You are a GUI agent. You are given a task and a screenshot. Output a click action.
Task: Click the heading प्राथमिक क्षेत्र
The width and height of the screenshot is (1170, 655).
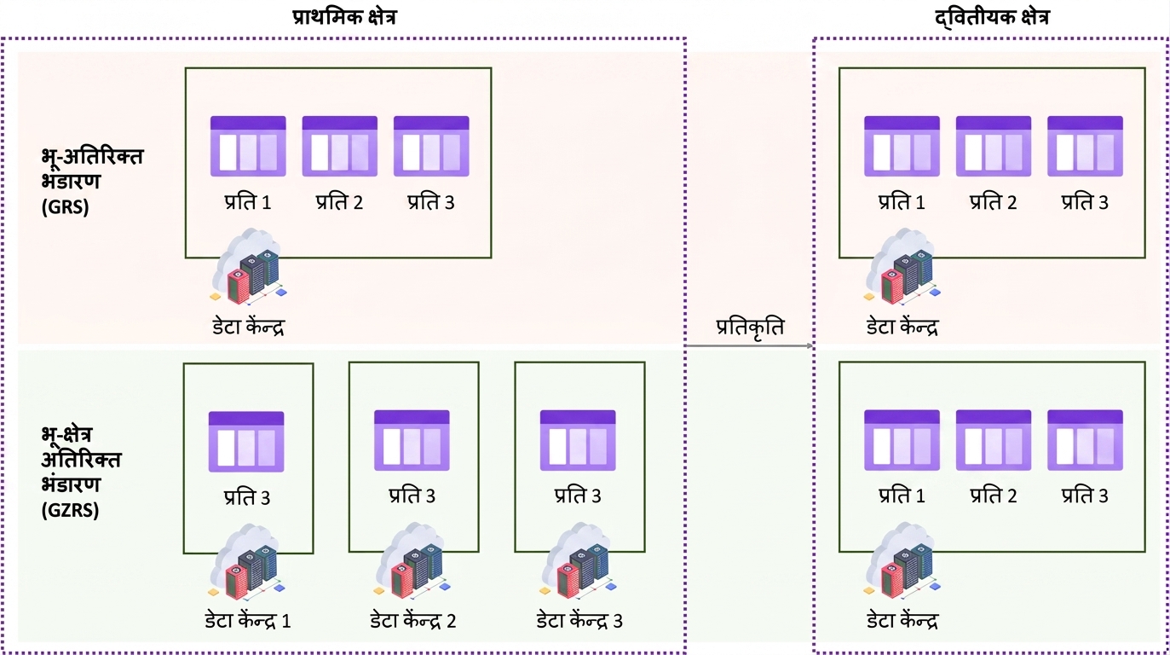344,17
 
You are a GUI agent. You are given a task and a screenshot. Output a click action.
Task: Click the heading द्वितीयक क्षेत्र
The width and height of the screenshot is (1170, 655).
992,18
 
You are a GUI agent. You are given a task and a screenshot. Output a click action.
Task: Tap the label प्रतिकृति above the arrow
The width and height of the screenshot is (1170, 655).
750,327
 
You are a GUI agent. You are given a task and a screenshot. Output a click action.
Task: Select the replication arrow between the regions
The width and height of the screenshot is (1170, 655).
750,345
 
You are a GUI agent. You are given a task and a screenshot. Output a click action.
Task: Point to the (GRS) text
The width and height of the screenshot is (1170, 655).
66,207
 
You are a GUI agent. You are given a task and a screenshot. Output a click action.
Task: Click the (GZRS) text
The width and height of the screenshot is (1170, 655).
71,510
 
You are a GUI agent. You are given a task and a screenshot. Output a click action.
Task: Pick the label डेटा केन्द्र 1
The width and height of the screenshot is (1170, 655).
248,621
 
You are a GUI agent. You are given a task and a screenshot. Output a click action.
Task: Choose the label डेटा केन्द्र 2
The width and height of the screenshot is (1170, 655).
413,621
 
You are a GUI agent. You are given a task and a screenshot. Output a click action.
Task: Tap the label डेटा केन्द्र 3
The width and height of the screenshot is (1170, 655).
579,621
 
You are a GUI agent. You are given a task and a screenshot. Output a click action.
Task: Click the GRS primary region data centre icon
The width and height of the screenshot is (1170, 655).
249,266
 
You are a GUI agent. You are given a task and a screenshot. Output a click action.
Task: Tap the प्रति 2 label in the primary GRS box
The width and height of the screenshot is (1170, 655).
339,202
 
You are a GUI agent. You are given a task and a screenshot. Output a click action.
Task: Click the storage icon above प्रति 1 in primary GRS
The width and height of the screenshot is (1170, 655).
248,146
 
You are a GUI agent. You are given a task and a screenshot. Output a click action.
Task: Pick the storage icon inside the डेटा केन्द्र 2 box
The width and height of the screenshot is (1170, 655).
412,440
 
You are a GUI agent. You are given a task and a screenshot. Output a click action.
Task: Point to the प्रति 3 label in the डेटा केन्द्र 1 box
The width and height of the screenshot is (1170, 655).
247,496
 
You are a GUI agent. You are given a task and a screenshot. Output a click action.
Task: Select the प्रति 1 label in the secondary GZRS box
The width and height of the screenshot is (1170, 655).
902,496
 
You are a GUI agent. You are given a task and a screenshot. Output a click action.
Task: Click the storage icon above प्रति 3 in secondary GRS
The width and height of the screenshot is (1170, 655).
1086,146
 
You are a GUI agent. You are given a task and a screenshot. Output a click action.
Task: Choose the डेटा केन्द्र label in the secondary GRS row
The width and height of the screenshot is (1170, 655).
902,327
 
